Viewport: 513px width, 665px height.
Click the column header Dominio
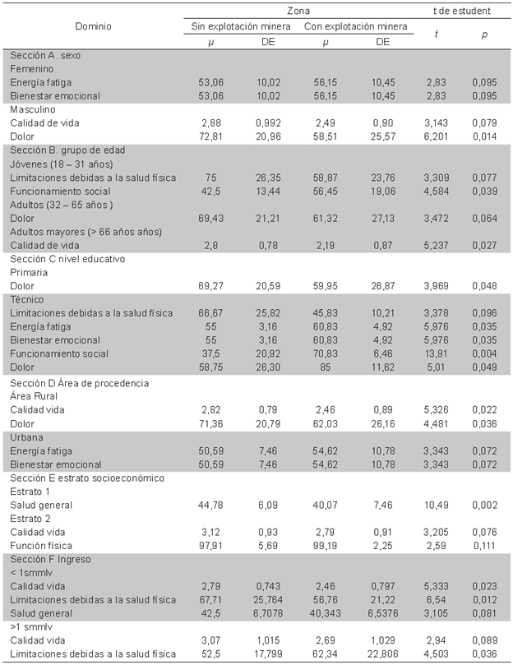pos(94,26)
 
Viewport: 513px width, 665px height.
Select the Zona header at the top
pos(298,12)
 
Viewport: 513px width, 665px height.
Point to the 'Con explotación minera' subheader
pos(356,26)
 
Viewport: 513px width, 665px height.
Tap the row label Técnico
pos(28,299)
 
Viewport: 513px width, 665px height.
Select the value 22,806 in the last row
pos(383,653)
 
